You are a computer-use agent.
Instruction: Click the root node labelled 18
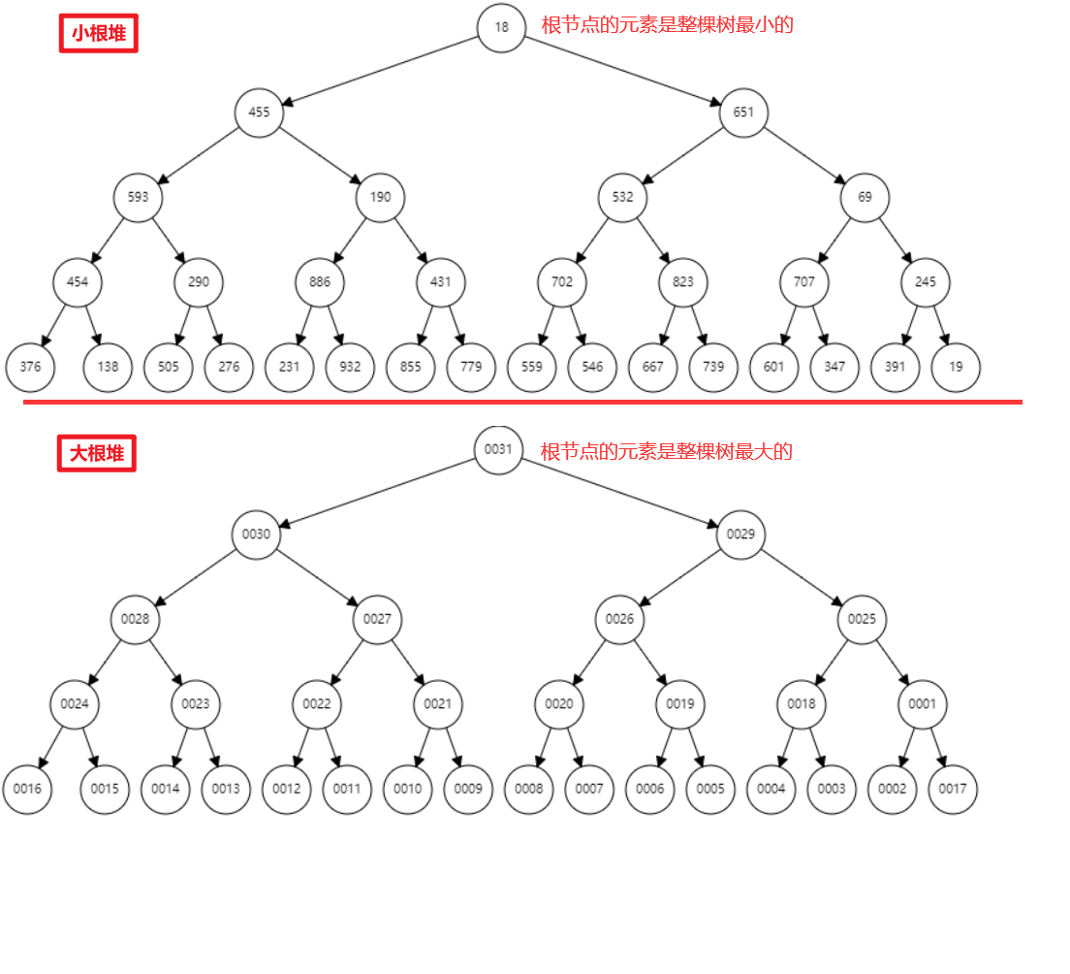(x=501, y=27)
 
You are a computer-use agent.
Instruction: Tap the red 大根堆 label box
(x=97, y=453)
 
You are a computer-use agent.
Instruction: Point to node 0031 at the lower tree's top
(x=498, y=449)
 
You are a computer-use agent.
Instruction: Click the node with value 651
(x=743, y=113)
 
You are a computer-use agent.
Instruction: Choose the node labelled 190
(x=380, y=198)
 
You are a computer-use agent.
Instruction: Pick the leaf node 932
(x=350, y=368)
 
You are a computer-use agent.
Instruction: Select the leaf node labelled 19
(x=956, y=368)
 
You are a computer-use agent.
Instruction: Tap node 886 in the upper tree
(x=320, y=282)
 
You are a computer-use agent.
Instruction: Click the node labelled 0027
(x=377, y=619)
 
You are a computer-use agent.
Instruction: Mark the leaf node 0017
(x=953, y=789)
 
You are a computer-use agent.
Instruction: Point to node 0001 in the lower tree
(x=923, y=704)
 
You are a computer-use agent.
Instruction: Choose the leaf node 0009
(x=468, y=789)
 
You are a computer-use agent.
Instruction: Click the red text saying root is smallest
(x=667, y=25)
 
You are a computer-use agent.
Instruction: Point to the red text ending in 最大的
(x=667, y=451)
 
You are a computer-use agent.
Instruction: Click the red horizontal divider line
(x=523, y=402)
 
